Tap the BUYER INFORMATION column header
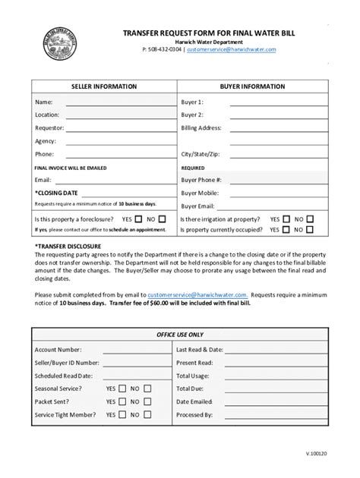point(252,87)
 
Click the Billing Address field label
point(201,127)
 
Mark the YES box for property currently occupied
point(286,228)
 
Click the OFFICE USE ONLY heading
point(180,335)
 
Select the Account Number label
point(58,350)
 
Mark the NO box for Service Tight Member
point(147,415)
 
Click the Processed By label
point(194,415)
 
